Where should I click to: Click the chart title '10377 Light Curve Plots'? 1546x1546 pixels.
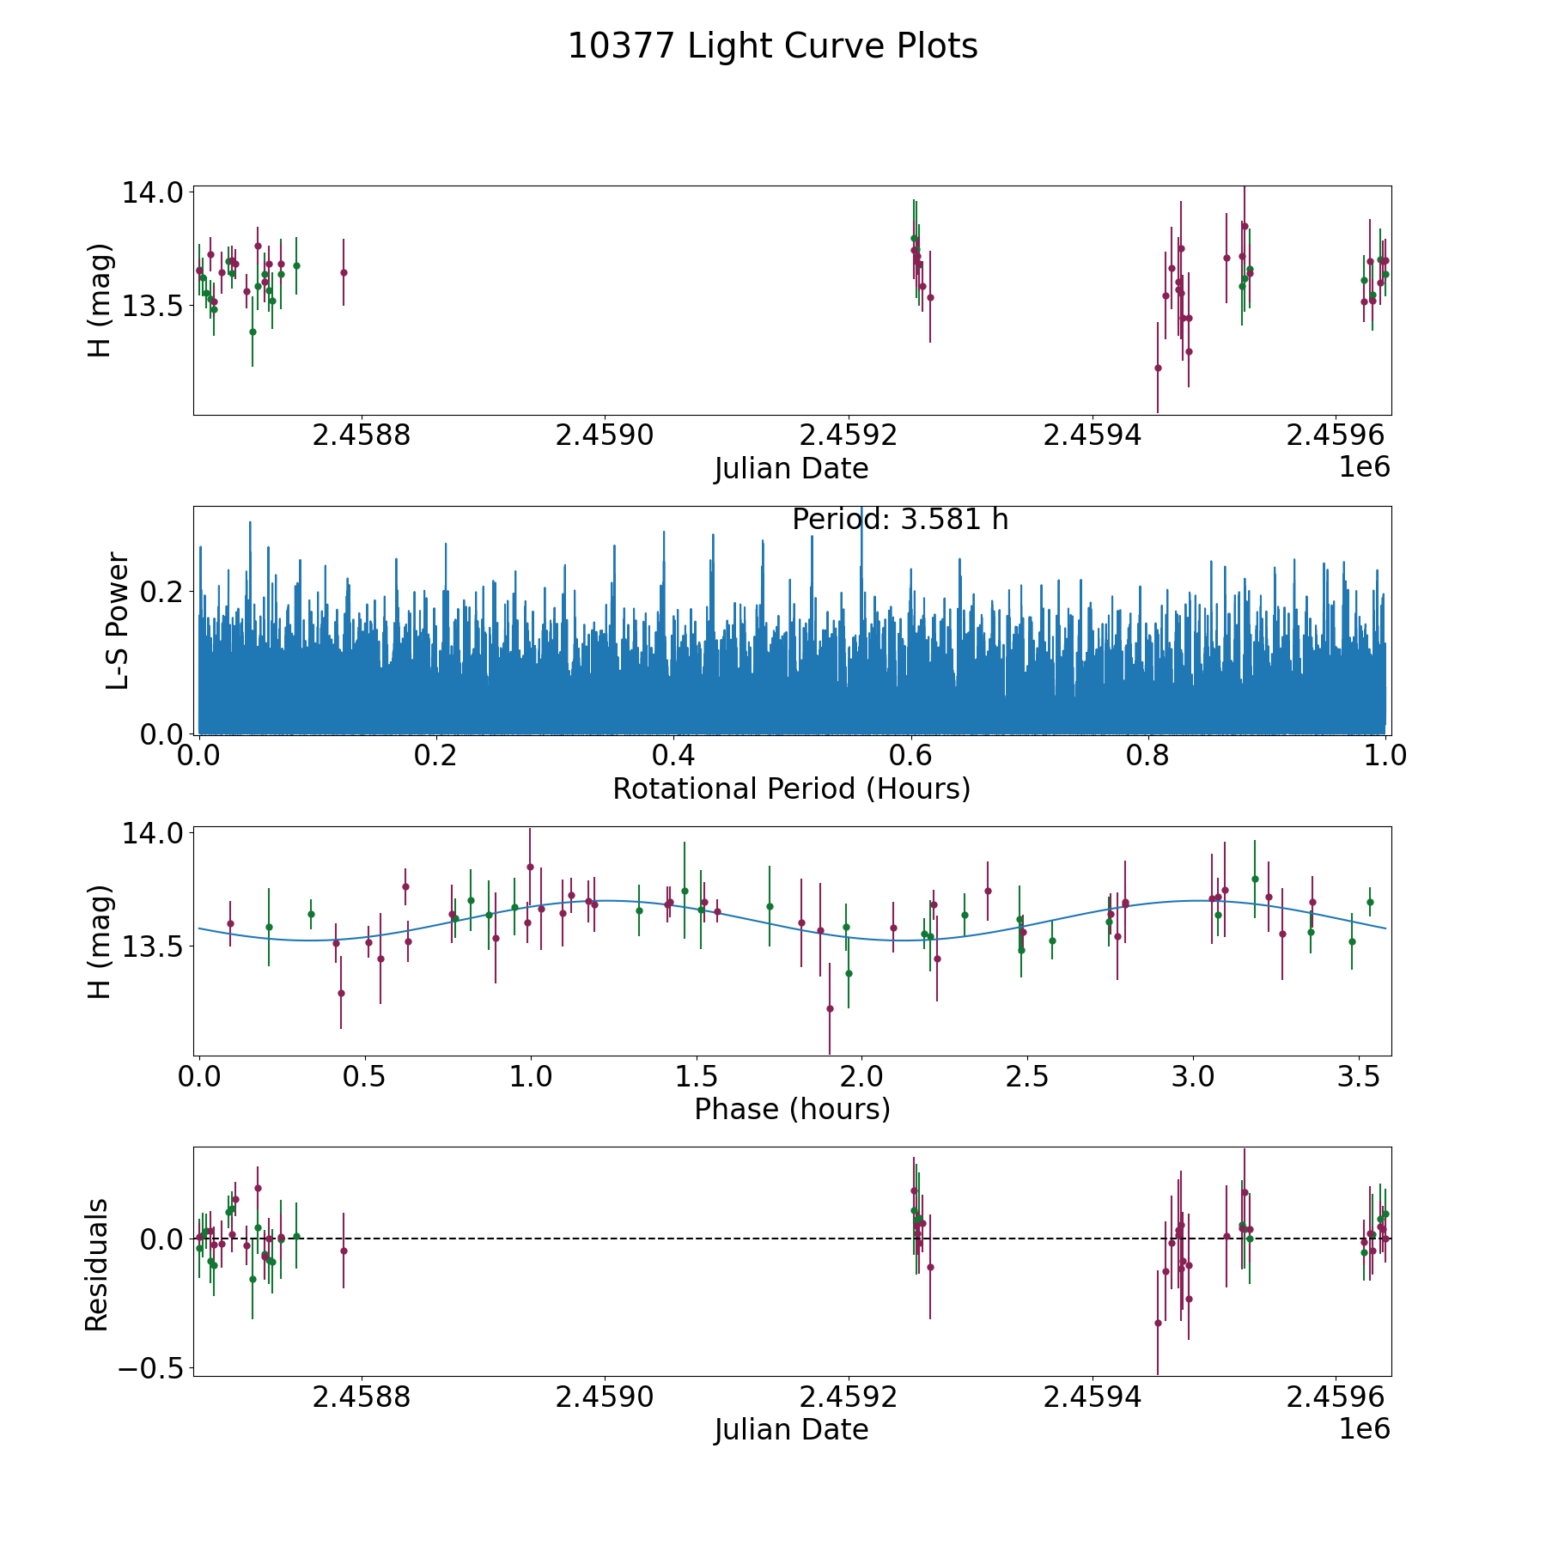pyautogui.click(x=772, y=46)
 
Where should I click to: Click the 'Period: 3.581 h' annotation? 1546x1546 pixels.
pyautogui.click(x=899, y=520)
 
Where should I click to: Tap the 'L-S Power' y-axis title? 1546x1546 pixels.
pyautogui.click(x=118, y=620)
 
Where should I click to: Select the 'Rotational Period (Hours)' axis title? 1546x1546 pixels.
pyautogui.click(x=791, y=788)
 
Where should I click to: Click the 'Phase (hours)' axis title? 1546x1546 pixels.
pyautogui.click(x=791, y=1109)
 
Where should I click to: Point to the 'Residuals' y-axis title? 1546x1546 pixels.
pyautogui.click(x=97, y=1264)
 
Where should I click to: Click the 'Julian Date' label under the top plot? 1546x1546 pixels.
pyautogui.click(x=791, y=469)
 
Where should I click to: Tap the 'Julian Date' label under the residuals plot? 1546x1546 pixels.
pyautogui.click(x=791, y=1429)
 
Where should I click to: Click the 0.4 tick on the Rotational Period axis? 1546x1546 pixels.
pyautogui.click(x=673, y=756)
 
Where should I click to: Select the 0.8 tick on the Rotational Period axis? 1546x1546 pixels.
pyautogui.click(x=1148, y=756)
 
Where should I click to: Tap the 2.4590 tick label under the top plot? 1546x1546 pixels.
pyautogui.click(x=605, y=435)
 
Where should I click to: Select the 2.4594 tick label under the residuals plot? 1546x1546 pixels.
pyautogui.click(x=1092, y=1396)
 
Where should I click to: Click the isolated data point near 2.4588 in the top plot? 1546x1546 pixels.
pyautogui.click(x=344, y=272)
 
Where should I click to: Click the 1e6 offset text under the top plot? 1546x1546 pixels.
pyautogui.click(x=1364, y=468)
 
